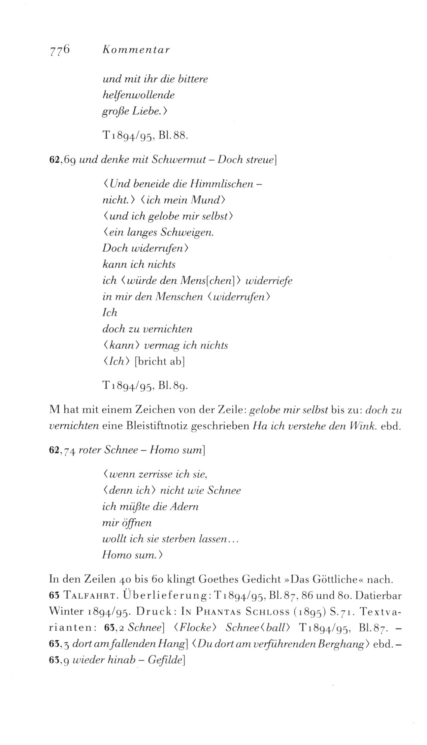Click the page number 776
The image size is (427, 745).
tap(59, 50)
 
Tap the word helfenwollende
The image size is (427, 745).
tap(138, 95)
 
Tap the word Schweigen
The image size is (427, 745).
tap(187, 233)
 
